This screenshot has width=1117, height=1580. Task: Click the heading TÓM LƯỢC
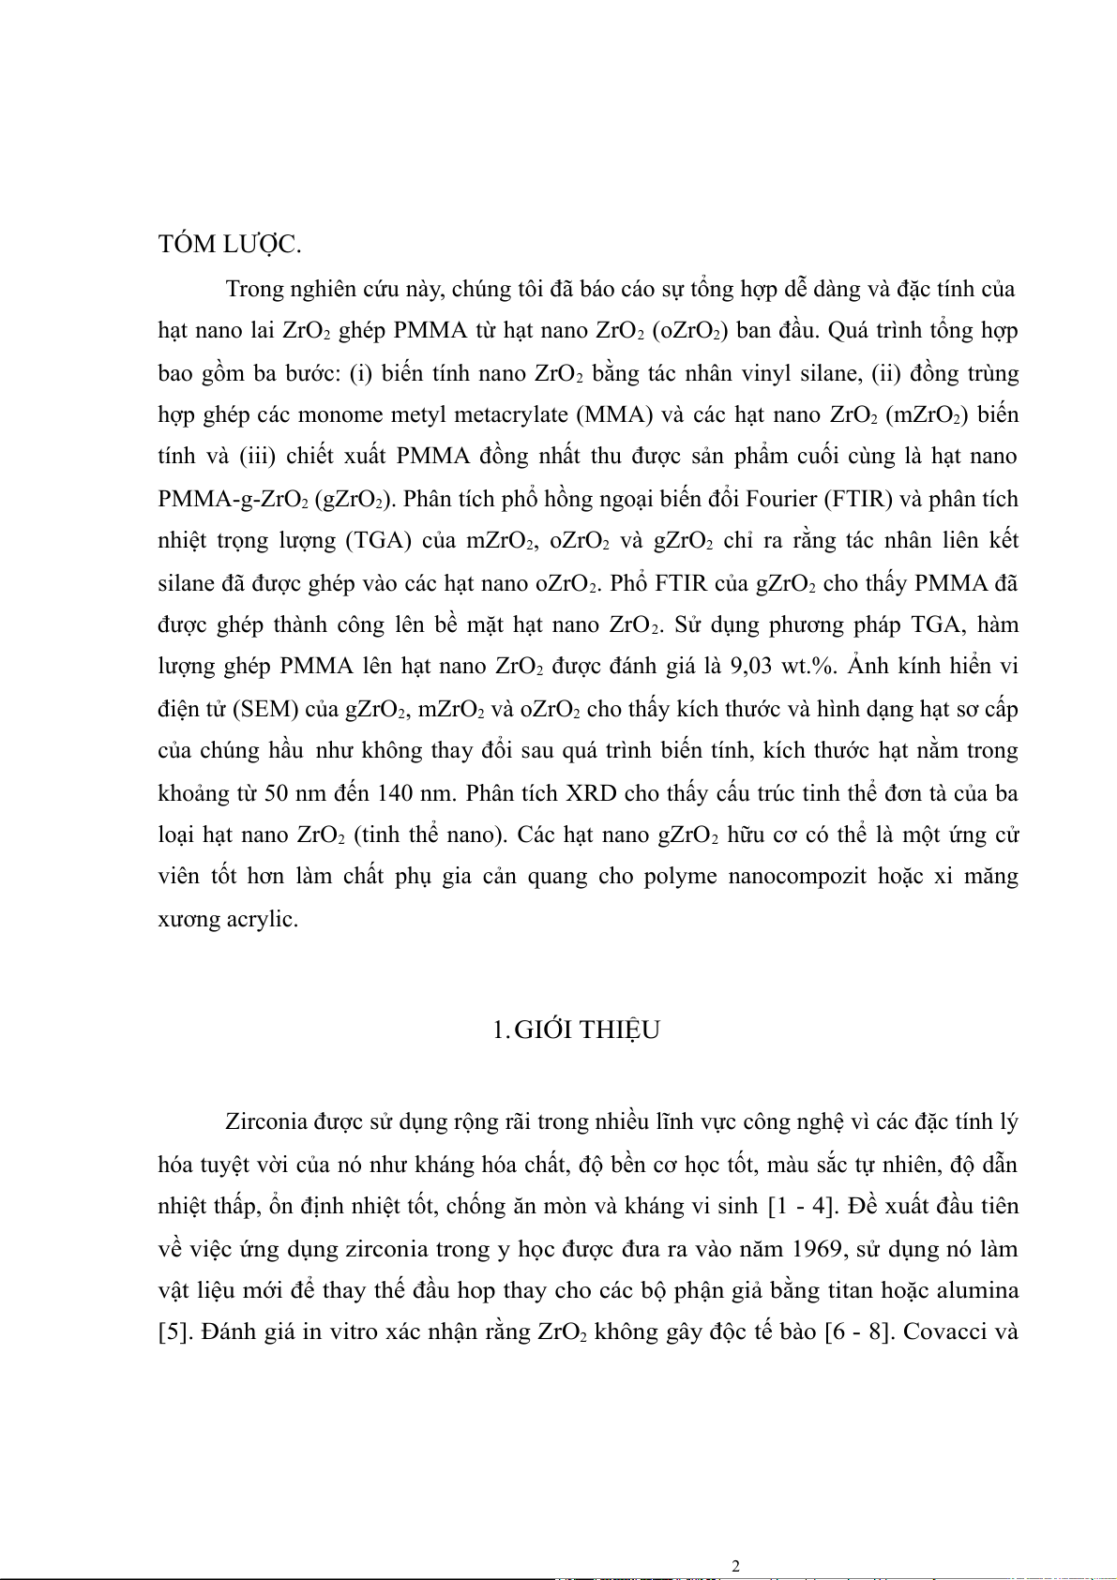[x=230, y=245]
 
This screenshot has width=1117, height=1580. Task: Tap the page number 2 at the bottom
[x=735, y=1565]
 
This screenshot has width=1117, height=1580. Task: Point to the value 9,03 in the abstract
[x=752, y=666]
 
